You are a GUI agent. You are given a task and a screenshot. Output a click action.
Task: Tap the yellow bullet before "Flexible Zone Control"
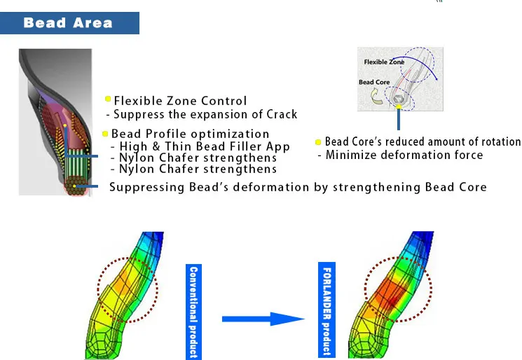coord(108,99)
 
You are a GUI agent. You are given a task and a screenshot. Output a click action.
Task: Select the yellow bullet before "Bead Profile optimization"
coord(105,133)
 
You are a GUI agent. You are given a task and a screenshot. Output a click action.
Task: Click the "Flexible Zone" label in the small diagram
coord(384,62)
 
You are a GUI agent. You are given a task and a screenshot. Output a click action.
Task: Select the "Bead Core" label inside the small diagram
coord(374,82)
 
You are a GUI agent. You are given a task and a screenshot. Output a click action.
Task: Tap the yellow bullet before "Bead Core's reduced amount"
coord(319,142)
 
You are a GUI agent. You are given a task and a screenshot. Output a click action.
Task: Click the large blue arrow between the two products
coord(263,319)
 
